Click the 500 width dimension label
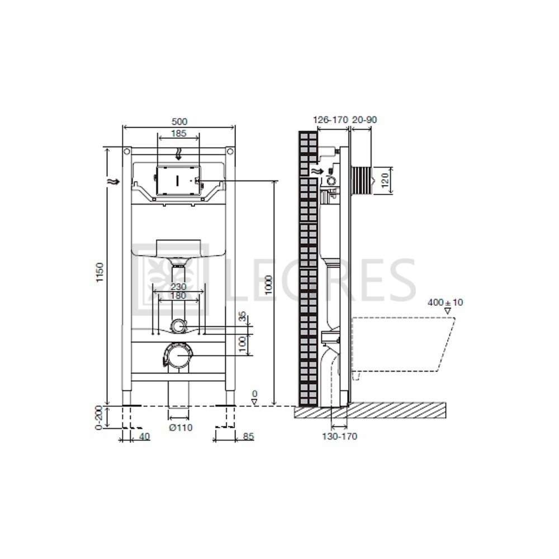[x=179, y=121]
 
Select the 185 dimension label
[x=179, y=134]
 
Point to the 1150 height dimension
[x=100, y=273]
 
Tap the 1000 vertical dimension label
[x=268, y=285]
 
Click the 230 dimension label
[x=178, y=287]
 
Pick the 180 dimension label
[x=178, y=296]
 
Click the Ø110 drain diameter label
[x=181, y=428]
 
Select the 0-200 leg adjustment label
[x=99, y=418]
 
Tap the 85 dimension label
[x=249, y=437]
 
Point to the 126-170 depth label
[x=330, y=120]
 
